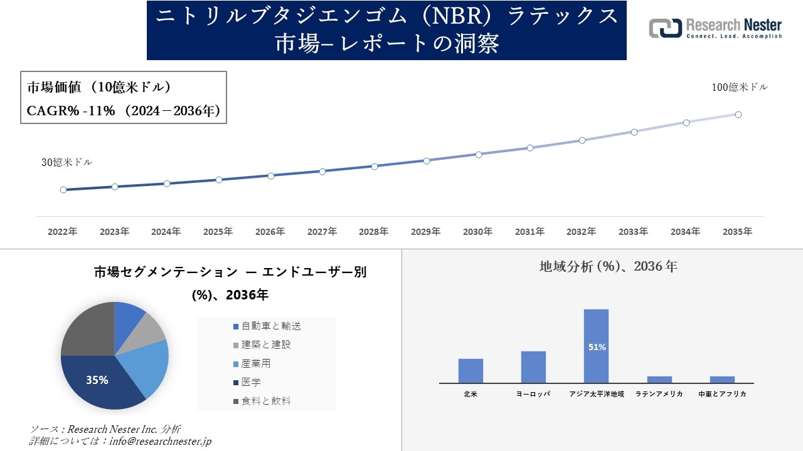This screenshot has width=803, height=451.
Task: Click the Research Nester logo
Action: click(x=715, y=28)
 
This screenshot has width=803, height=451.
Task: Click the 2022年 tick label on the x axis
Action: click(x=63, y=232)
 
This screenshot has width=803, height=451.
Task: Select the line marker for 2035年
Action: click(x=738, y=115)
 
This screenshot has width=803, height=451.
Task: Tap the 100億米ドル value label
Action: click(x=740, y=88)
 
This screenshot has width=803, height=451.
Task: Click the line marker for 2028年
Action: click(x=375, y=167)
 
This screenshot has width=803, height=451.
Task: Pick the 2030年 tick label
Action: click(x=477, y=232)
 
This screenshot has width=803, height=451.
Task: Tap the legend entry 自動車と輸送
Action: click(x=270, y=326)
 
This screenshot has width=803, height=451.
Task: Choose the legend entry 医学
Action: click(x=251, y=382)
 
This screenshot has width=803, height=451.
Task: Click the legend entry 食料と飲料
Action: click(x=265, y=401)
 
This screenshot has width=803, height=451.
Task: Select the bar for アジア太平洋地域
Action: click(x=596, y=346)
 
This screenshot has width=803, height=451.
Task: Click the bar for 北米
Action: click(x=471, y=371)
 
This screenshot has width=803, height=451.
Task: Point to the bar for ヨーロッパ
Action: click(x=533, y=367)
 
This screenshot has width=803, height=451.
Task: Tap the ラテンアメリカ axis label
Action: click(x=659, y=395)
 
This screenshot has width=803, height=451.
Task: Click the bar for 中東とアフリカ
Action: click(x=722, y=380)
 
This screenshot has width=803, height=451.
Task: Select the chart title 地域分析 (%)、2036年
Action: click(x=608, y=267)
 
